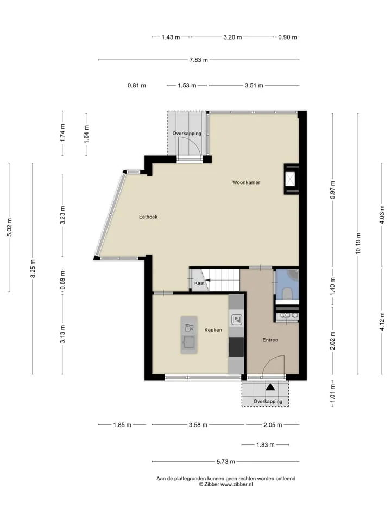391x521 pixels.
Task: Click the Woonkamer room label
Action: pos(246,182)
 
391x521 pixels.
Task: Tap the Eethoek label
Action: pos(148,217)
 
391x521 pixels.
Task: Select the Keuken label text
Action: pos(213,330)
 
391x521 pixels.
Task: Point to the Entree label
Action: pos(270,340)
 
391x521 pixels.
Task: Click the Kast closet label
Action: pos(199,283)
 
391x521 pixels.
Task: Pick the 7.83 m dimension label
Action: pos(199,60)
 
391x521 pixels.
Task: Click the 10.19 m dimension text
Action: pos(358,244)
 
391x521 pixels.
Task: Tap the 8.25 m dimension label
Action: pos(33,269)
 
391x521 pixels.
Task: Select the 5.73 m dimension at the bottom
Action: pos(226,461)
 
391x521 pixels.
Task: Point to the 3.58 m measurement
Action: pos(198,425)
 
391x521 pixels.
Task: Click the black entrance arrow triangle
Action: pos(270,387)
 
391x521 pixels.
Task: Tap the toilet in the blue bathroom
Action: pos(287,294)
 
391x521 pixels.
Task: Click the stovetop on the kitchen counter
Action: pos(237,320)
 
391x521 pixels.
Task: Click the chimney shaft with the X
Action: pos(291,179)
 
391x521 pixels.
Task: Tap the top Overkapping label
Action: pos(187,134)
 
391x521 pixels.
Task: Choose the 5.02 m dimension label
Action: pos(9,227)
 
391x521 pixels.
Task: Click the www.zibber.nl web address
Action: pos(237,485)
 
